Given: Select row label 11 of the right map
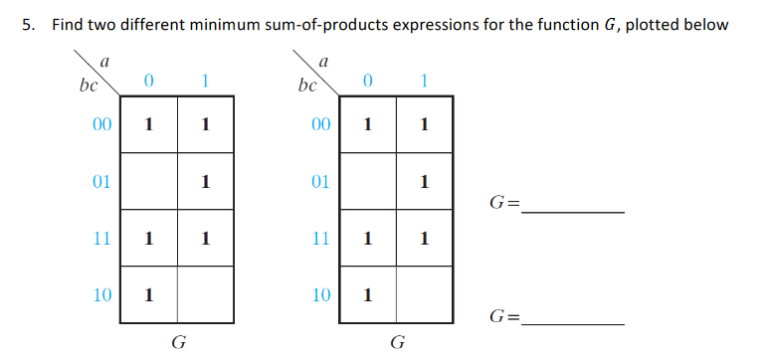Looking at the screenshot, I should tap(319, 239).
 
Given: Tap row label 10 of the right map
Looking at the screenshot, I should tap(319, 295).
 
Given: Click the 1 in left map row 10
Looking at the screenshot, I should tap(148, 295).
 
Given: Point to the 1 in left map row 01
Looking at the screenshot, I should tap(205, 182).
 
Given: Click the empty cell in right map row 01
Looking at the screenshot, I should tap(368, 182).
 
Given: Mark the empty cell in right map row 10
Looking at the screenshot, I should tap(425, 295).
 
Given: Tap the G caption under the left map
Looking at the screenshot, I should tap(179, 344).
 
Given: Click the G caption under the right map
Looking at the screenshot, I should tap(398, 344).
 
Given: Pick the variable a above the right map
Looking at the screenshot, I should tap(323, 62).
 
